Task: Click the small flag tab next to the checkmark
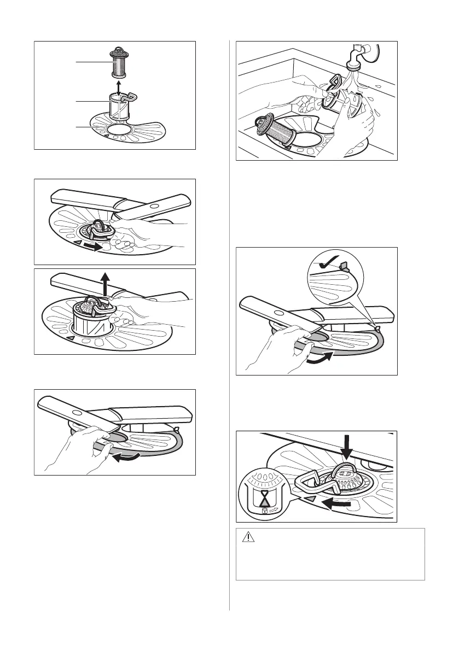click(344, 266)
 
